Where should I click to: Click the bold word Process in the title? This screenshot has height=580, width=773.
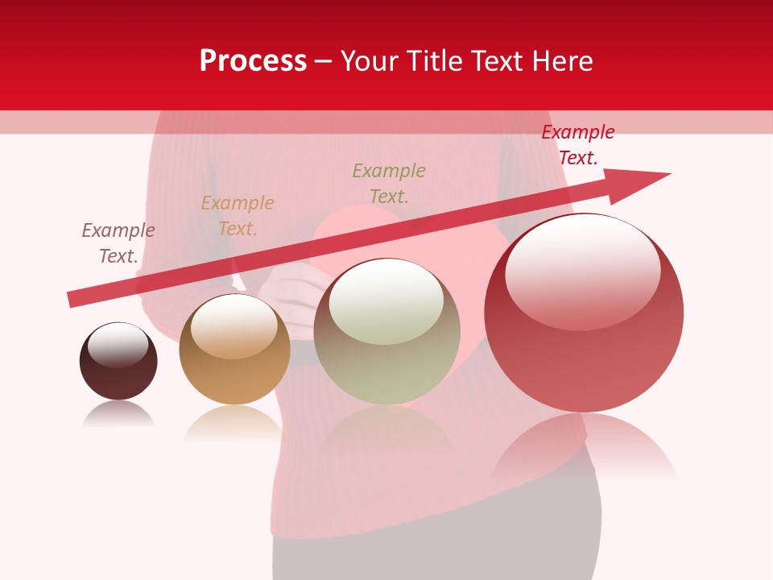click(253, 61)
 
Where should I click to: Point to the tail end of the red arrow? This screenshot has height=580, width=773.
click(72, 299)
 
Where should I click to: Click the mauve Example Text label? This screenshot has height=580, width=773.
click(118, 243)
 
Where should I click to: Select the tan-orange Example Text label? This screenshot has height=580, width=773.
click(237, 216)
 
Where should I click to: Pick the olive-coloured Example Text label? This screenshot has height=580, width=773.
click(389, 184)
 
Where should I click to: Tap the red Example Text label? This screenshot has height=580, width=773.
click(577, 145)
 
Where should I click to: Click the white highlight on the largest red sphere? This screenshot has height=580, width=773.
click(582, 270)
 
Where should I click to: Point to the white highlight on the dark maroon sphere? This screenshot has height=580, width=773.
click(118, 343)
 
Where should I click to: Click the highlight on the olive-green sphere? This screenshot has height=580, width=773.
click(386, 300)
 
